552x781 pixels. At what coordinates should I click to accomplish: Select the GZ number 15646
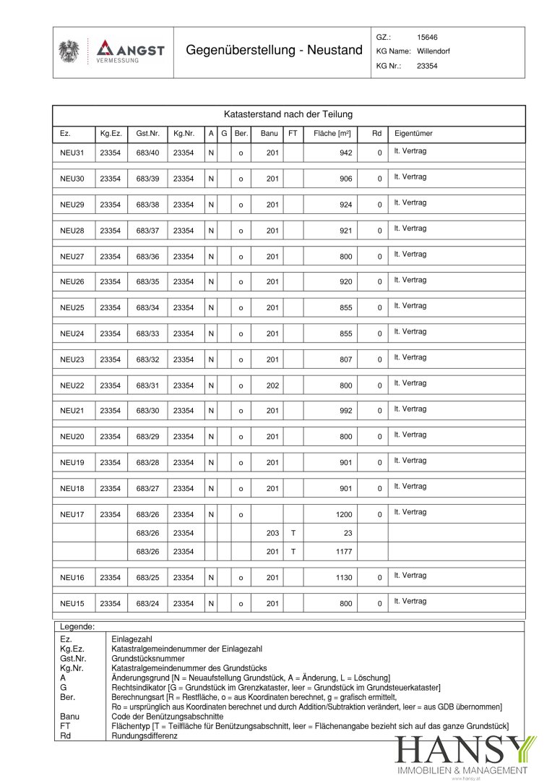[427, 37]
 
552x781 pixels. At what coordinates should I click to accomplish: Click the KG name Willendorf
[434, 51]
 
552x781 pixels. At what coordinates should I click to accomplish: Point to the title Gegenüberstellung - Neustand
[274, 51]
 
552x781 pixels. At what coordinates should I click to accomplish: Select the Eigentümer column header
[413, 134]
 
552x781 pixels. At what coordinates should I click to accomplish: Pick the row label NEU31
[72, 153]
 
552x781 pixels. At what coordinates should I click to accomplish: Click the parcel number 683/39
[148, 179]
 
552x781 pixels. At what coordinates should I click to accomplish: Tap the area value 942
[346, 153]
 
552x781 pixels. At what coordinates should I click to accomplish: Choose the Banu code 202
[272, 385]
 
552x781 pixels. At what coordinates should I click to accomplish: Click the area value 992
[346, 411]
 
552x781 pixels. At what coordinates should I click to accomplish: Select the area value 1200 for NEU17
[344, 515]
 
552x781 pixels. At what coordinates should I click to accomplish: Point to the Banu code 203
[272, 534]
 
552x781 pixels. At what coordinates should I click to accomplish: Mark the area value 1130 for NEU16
[344, 578]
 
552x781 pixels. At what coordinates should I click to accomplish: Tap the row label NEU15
[72, 604]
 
